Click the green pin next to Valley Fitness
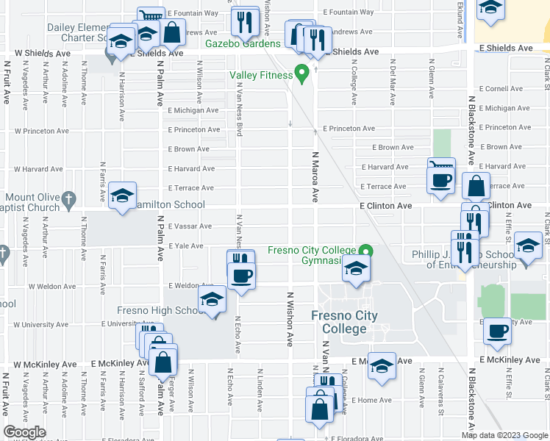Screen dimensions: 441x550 click(x=301, y=73)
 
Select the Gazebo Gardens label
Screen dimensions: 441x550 click(x=243, y=43)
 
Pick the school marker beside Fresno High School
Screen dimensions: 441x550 click(x=212, y=300)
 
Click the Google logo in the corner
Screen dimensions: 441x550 click(x=24, y=432)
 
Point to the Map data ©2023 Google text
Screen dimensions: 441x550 click(x=504, y=435)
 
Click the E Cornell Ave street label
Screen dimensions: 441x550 click(x=500, y=89)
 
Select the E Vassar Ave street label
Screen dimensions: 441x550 click(x=190, y=226)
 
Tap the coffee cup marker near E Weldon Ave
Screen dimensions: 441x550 click(x=241, y=276)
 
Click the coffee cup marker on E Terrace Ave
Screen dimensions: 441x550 click(x=441, y=181)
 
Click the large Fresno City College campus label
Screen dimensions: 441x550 click(x=344, y=322)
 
